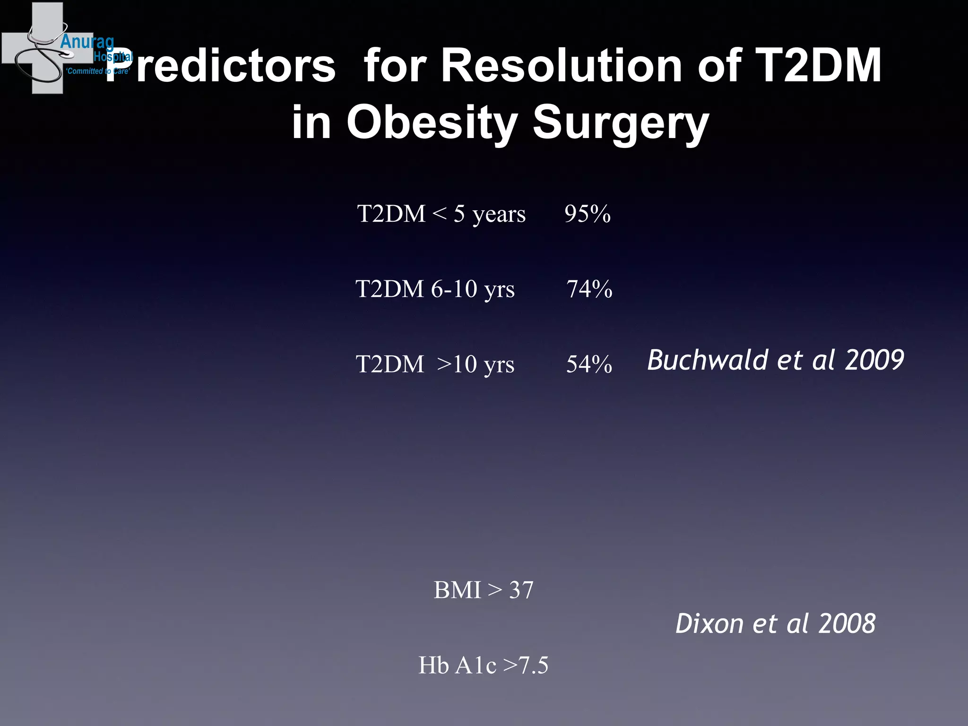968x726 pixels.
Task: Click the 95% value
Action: pos(587,214)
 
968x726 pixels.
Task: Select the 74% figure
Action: pos(589,289)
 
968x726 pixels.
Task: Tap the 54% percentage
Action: pos(589,364)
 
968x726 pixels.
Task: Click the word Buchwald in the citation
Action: pos(707,360)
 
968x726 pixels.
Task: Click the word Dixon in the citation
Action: pos(709,623)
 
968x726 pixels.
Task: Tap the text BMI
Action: pos(457,590)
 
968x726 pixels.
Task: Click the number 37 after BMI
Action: pos(521,590)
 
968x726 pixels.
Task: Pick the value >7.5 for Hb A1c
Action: pos(526,665)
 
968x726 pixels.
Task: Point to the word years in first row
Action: pos(499,215)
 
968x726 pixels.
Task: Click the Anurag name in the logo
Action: pos(87,42)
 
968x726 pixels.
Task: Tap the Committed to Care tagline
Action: pos(97,71)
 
